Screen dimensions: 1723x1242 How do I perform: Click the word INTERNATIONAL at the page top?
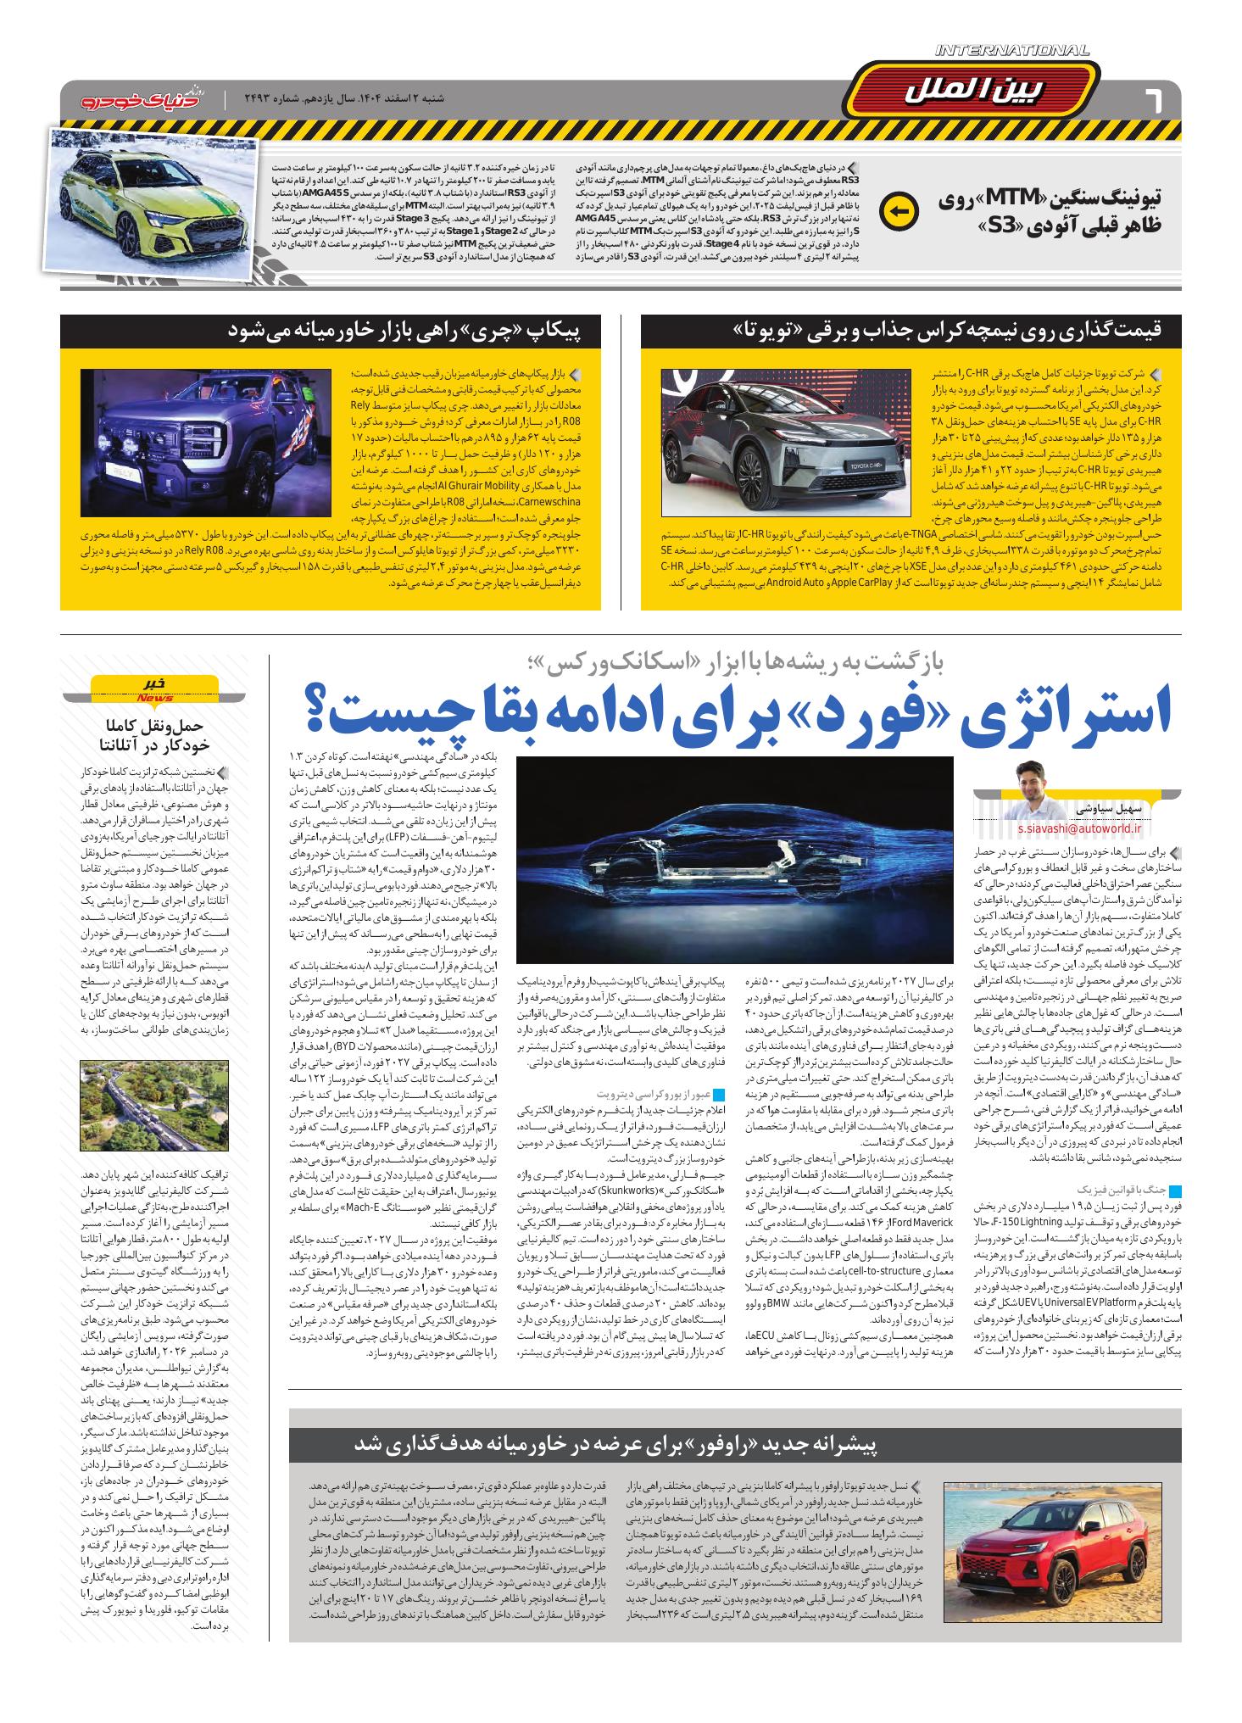[1012, 52]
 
